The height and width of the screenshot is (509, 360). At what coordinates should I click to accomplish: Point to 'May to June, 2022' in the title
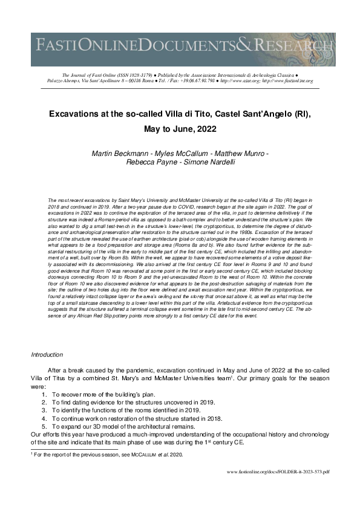point(180,129)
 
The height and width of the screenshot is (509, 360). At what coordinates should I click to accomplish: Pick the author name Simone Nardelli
point(209,163)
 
